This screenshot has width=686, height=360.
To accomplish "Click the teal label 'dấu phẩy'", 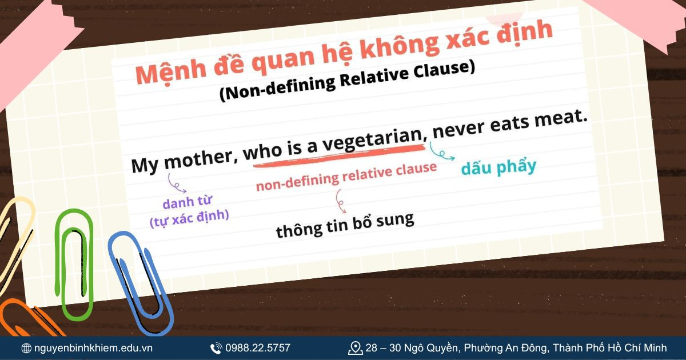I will click(x=499, y=167).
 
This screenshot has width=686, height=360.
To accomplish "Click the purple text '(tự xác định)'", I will click(x=189, y=218).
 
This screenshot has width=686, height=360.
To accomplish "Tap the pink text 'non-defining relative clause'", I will click(x=346, y=177).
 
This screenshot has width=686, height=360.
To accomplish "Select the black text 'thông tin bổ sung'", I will click(x=345, y=226).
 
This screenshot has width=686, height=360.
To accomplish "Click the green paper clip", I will click(x=74, y=263).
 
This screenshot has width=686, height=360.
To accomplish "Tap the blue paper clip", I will click(x=139, y=280).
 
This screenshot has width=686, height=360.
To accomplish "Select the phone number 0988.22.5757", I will click(x=257, y=347).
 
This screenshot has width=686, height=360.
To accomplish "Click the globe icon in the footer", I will click(x=26, y=348).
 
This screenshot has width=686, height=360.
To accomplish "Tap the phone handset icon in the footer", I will click(x=216, y=348).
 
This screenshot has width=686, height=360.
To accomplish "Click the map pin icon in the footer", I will click(x=355, y=347).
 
